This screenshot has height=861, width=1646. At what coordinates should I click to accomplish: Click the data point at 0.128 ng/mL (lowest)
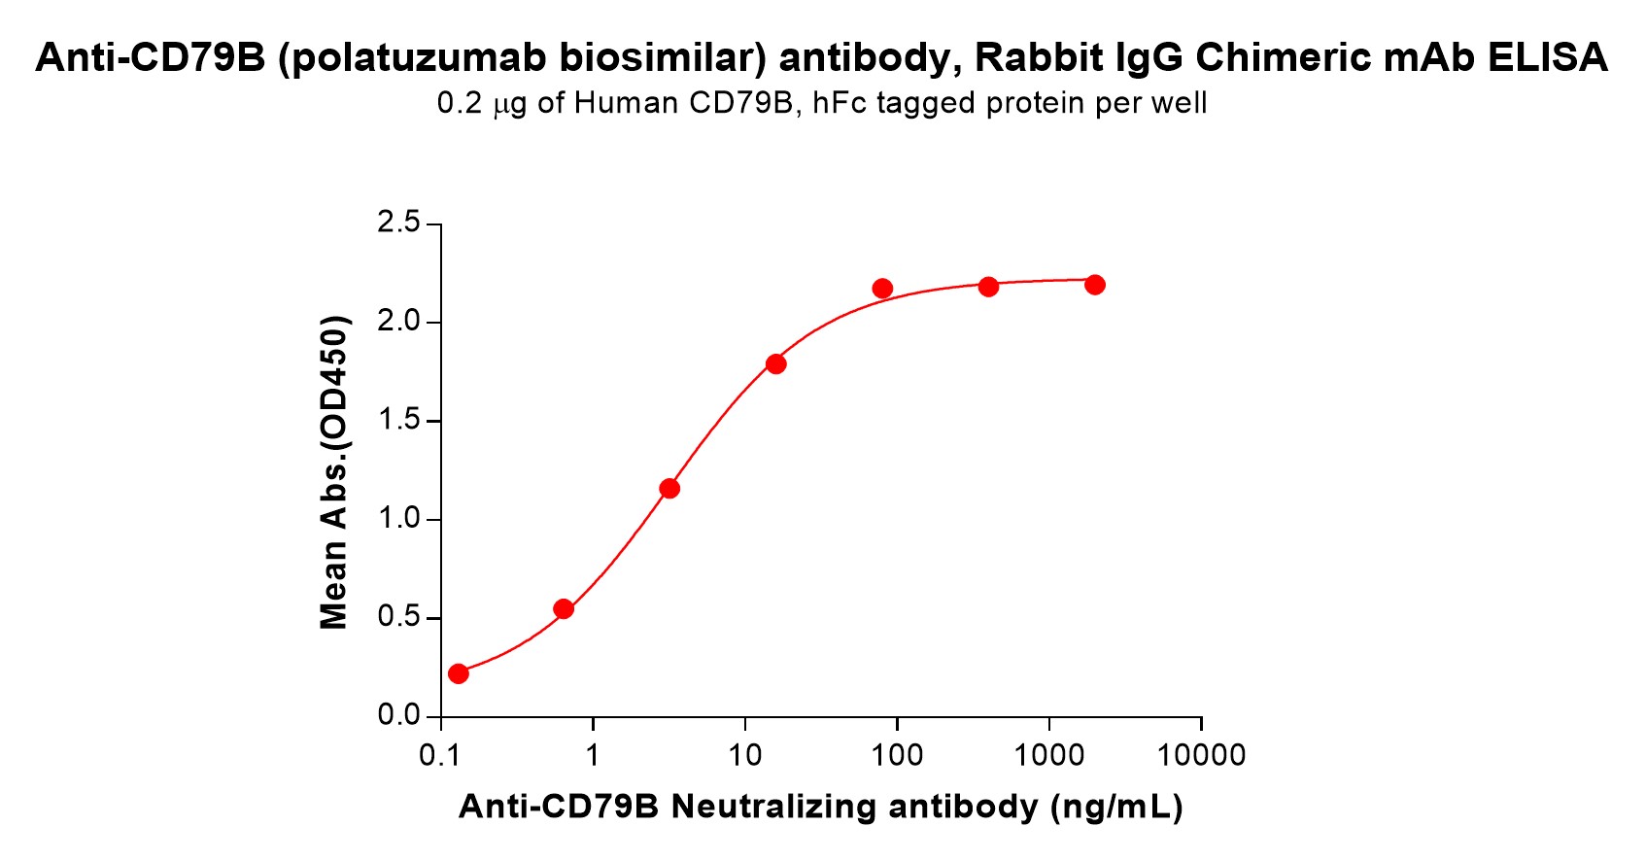[x=459, y=673]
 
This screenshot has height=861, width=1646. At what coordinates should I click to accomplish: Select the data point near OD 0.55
[x=564, y=609]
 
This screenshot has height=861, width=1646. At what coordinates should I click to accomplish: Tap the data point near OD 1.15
[x=669, y=488]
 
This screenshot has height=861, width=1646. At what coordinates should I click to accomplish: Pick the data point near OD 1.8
[x=775, y=364]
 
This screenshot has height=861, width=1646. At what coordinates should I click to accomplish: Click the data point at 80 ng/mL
[x=882, y=289]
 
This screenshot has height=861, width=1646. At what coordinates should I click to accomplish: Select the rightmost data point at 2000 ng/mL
[x=1095, y=285]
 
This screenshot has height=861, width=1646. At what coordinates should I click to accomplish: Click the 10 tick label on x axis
[x=744, y=756]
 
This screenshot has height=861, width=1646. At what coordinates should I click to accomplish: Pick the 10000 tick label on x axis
[x=1201, y=756]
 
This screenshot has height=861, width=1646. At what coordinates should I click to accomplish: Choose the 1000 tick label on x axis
[x=1048, y=756]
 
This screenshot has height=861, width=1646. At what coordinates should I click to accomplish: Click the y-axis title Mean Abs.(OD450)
[x=334, y=472]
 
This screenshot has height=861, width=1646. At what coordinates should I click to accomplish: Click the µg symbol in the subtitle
[x=510, y=103]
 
